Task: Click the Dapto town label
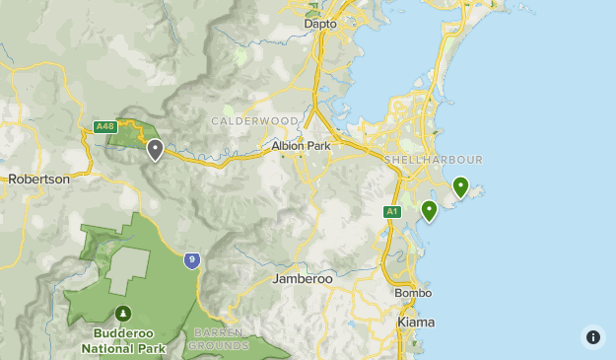tap(320, 23)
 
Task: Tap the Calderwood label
tap(254, 121)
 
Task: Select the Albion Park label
tap(302, 146)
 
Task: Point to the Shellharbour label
tap(434, 160)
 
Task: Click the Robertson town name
tap(38, 180)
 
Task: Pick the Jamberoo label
tap(303, 279)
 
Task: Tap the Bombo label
tap(413, 293)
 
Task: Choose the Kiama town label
tap(415, 323)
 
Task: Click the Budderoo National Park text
tap(123, 340)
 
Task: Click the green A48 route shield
tap(105, 126)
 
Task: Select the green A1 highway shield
tap(392, 211)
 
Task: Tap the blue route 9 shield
tap(191, 260)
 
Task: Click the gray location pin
tap(155, 150)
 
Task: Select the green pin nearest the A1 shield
tap(429, 210)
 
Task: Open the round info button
tap(592, 336)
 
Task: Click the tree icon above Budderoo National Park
tap(123, 313)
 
